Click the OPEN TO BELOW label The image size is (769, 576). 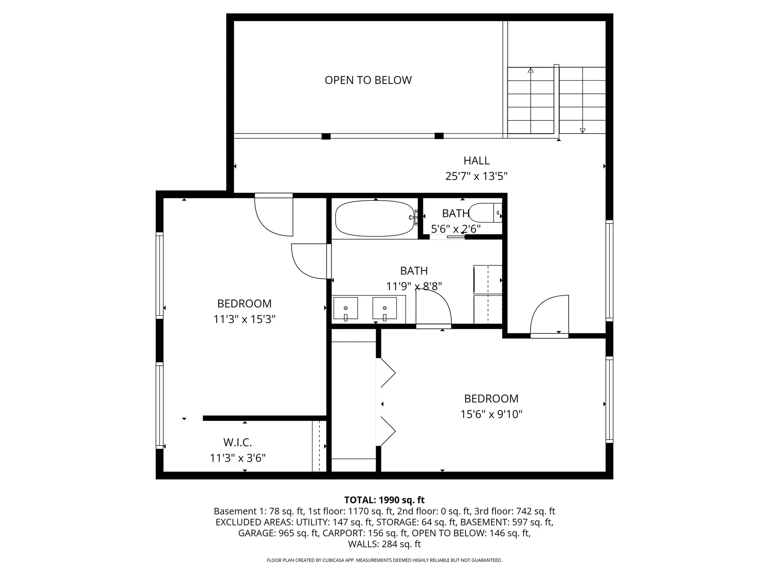pos(368,80)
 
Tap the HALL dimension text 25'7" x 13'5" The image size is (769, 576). pos(476,176)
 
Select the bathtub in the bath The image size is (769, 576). pos(375,218)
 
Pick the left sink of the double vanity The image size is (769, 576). pos(345,309)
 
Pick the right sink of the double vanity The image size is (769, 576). pos(384,309)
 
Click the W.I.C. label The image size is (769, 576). pos(238,442)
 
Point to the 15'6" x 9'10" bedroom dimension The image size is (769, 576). pos(491,414)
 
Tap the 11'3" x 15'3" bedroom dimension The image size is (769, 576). pos(244,319)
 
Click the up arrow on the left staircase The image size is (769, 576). pos(531,71)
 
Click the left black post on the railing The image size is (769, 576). pos(326,136)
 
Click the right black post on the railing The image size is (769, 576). pos(439,136)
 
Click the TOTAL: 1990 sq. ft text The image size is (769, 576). pos(384,500)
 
